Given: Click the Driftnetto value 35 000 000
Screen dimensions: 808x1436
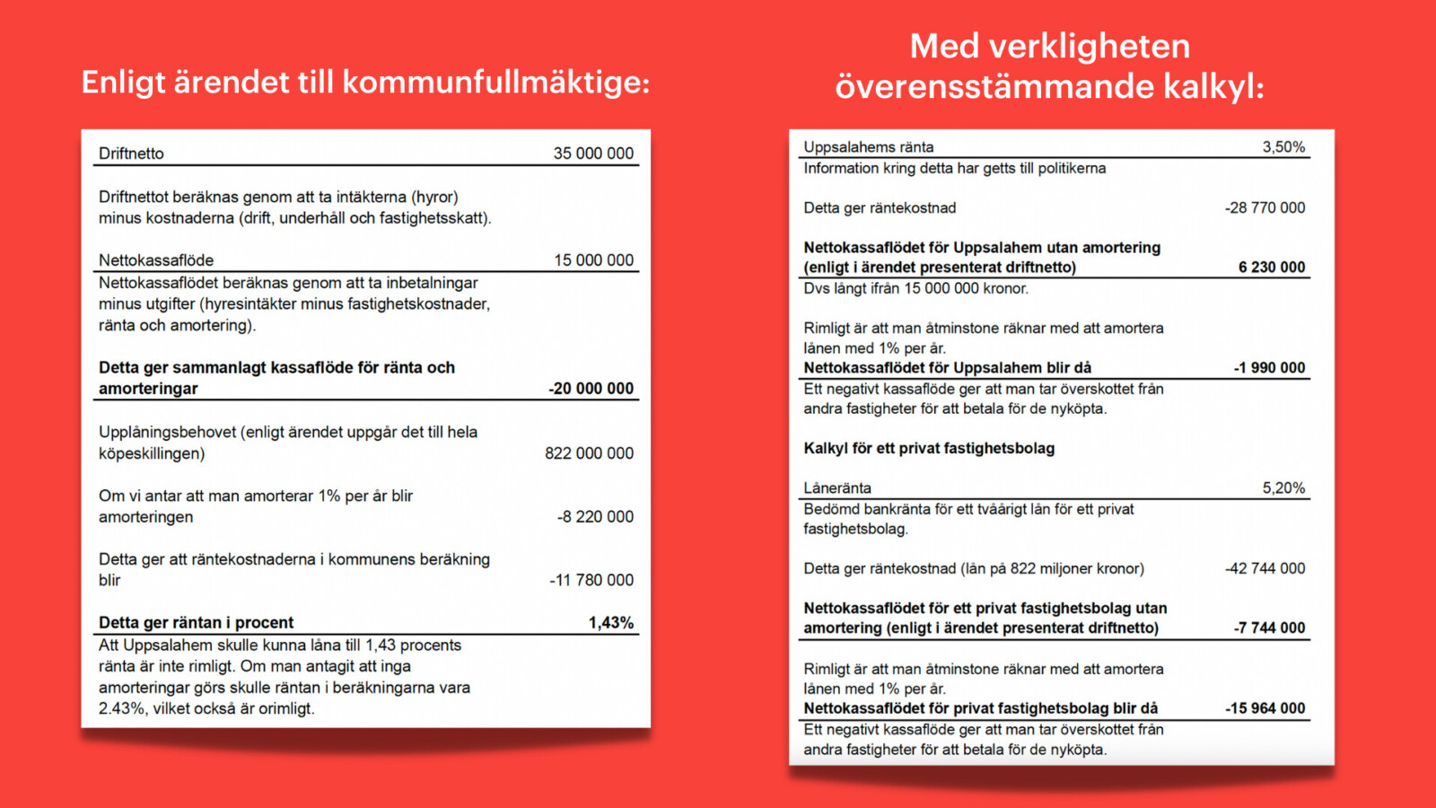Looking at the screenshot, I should tap(593, 154).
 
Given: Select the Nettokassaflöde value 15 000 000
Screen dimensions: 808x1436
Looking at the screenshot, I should tap(593, 260).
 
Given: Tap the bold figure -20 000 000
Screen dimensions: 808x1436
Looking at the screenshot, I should tap(591, 389).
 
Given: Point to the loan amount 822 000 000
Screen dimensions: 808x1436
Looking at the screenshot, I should tap(589, 453).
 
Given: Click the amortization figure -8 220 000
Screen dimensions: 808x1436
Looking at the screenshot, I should tap(595, 517).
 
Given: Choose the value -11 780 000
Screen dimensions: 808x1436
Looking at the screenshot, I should tap(591, 580).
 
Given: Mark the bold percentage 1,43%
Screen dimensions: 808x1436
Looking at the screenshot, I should tap(610, 623).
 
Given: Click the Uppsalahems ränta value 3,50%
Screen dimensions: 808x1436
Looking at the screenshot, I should tap(1283, 147).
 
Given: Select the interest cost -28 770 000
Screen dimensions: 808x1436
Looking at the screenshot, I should tap(1265, 208).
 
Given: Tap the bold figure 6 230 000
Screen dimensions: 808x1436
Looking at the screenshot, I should tap(1272, 268).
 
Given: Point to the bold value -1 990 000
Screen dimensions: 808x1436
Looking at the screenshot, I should tap(1269, 368).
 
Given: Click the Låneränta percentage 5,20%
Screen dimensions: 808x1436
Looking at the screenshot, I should tap(1283, 488).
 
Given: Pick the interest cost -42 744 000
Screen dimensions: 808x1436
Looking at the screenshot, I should tap(1265, 568).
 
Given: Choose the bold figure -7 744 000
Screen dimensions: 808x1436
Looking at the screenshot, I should tap(1269, 628).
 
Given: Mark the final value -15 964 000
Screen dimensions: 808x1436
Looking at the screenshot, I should tap(1265, 708).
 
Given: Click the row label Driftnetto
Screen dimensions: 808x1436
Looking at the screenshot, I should tap(131, 154).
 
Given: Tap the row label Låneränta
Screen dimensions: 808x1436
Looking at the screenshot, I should tap(837, 488).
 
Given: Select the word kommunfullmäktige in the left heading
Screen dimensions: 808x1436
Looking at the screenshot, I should tap(495, 83).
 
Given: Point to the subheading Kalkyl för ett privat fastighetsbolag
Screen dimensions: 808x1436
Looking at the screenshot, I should tap(929, 449).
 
